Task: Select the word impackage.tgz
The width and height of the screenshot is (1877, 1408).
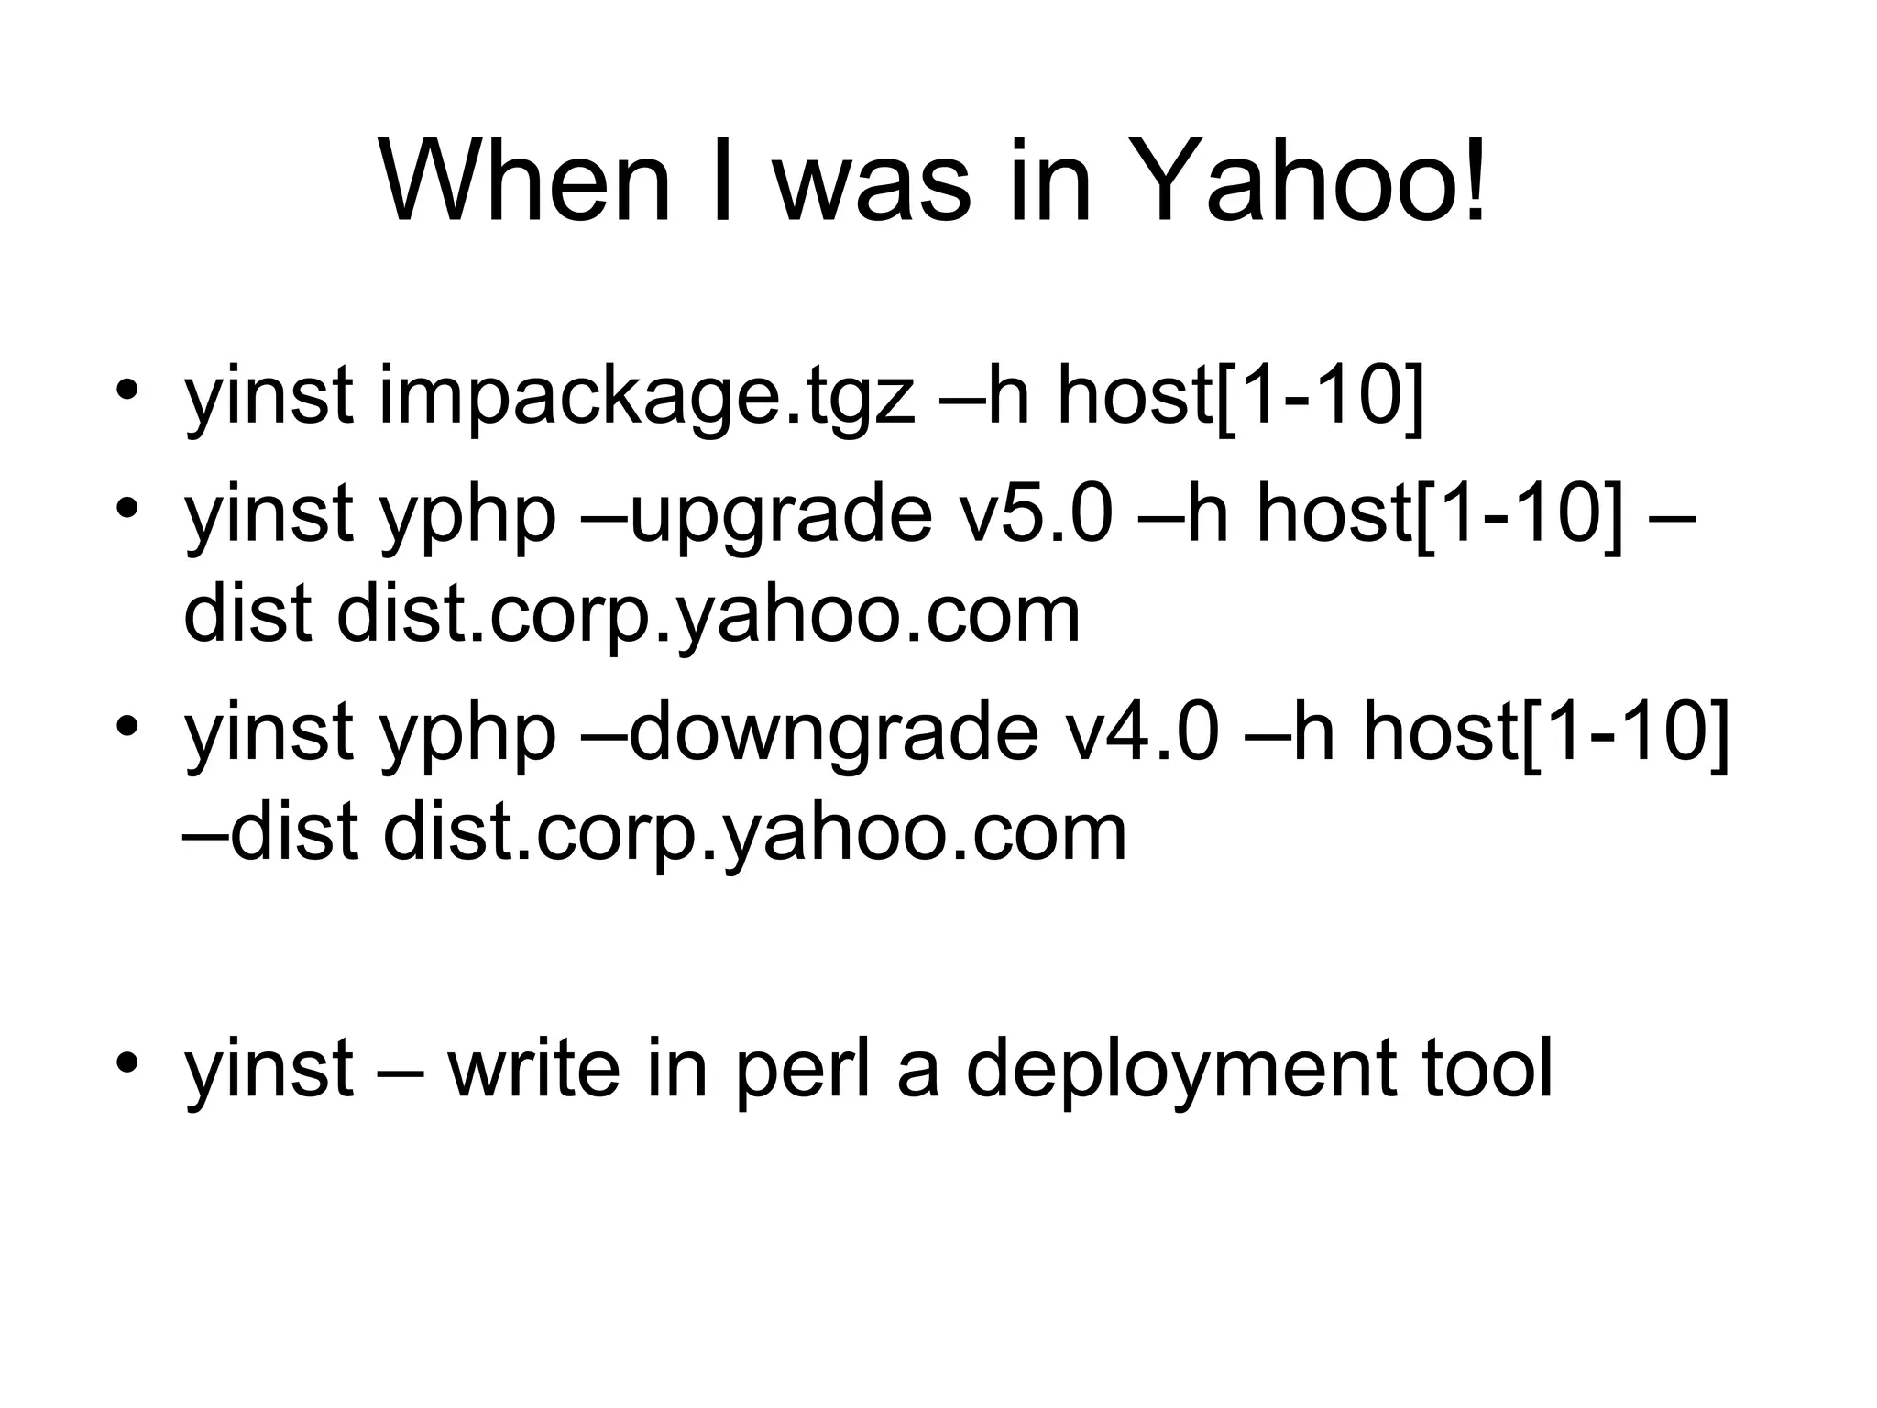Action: tap(646, 399)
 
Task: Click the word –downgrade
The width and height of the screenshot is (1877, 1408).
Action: tap(808, 733)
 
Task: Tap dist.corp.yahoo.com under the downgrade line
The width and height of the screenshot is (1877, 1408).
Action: tap(754, 834)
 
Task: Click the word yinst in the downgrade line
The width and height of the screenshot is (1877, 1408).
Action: tap(269, 733)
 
